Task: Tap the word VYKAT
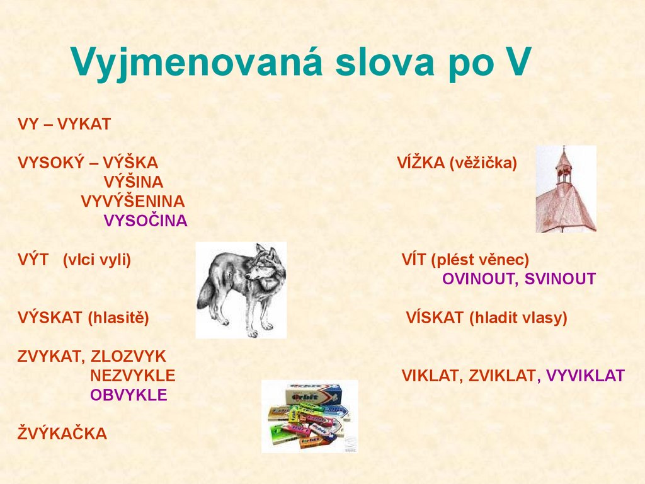tap(84, 124)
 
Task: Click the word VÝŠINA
tap(133, 182)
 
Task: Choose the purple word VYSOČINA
tap(145, 221)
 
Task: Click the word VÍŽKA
tap(421, 163)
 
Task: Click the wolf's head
tap(264, 265)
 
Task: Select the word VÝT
tap(33, 260)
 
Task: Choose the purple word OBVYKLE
tap(128, 395)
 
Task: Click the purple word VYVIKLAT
tap(585, 376)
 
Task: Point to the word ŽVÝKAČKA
tap(62, 434)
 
